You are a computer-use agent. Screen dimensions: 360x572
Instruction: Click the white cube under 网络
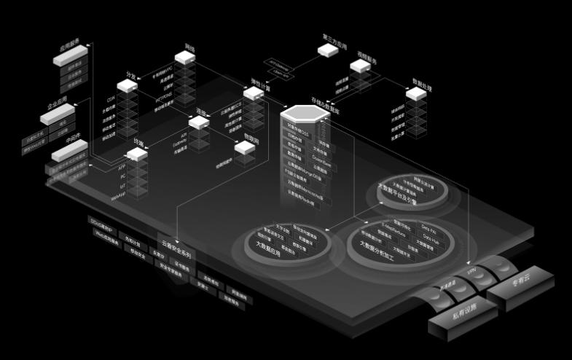185,58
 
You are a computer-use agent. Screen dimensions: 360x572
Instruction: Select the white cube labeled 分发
128,86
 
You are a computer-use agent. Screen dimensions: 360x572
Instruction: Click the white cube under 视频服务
360,66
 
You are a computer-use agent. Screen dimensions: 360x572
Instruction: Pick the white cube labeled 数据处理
416,93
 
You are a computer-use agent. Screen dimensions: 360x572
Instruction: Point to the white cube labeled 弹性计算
253,93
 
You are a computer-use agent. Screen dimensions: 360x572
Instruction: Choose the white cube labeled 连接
198,122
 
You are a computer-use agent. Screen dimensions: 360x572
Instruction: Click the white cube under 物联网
245,148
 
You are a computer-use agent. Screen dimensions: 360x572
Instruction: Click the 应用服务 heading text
69,45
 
